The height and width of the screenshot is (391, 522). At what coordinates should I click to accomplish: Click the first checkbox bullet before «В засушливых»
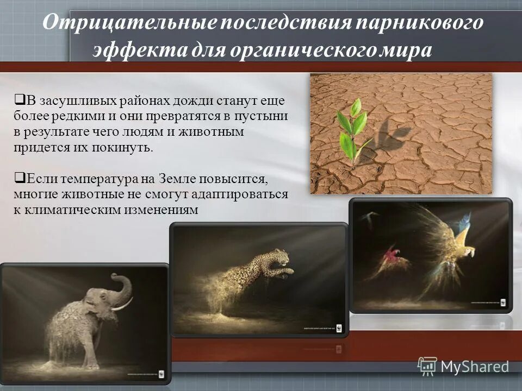point(18,99)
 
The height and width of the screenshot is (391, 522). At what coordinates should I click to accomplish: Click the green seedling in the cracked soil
point(351,130)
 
